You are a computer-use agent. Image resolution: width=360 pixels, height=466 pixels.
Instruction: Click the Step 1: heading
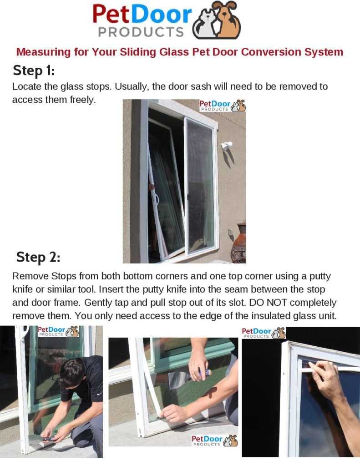point(34,71)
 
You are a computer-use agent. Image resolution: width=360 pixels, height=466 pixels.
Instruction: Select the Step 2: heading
point(38,257)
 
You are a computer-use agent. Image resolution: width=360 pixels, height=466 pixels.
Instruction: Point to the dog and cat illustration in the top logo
point(216,20)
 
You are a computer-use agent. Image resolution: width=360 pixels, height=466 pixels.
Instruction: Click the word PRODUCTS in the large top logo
point(141,32)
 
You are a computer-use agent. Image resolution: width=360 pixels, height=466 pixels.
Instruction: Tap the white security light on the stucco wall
point(226,146)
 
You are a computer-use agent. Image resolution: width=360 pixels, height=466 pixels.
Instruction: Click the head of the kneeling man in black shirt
point(73,373)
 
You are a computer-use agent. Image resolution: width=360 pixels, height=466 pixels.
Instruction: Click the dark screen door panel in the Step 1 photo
point(201,187)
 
